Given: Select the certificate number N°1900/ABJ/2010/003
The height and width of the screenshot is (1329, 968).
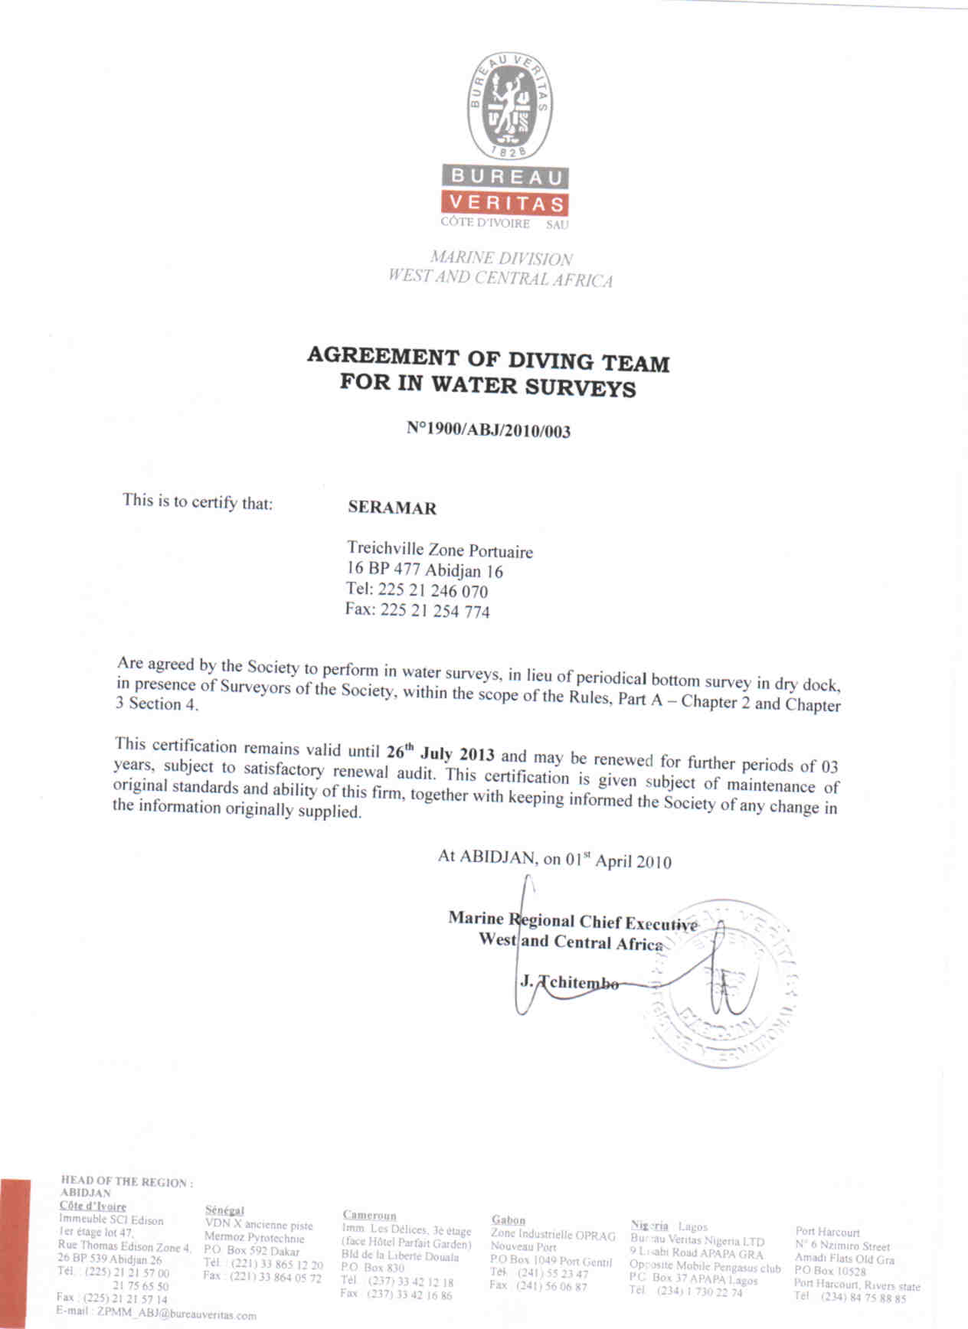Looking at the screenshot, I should coord(489,429).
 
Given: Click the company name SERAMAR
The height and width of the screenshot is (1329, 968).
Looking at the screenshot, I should coord(392,508).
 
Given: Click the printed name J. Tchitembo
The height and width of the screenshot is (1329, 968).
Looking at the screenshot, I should coord(570,982).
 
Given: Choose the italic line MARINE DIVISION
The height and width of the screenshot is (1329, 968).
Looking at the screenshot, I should coord(502,258).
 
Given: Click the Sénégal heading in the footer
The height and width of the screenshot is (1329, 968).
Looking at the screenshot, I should coord(224,1210).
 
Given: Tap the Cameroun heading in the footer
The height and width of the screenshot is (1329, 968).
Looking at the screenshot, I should coord(369,1215).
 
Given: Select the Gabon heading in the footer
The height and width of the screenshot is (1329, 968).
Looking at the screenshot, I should coord(509,1220).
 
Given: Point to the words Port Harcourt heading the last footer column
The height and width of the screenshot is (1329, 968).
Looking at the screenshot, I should coord(827,1233).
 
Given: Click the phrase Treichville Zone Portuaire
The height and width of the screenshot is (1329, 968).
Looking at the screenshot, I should coord(440,550).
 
